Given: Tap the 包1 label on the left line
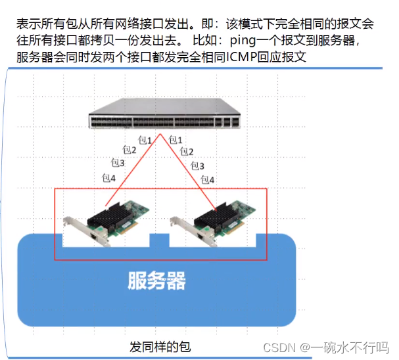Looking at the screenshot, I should (144, 140).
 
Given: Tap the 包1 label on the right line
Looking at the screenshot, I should (176, 139).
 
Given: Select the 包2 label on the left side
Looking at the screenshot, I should (129, 150).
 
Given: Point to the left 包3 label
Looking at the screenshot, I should (118, 163).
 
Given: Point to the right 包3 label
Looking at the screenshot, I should (197, 166).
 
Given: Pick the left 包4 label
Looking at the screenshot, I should (110, 177).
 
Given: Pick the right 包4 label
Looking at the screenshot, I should (207, 179).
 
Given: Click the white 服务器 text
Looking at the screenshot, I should (156, 281).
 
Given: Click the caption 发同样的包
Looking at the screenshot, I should (160, 346).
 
